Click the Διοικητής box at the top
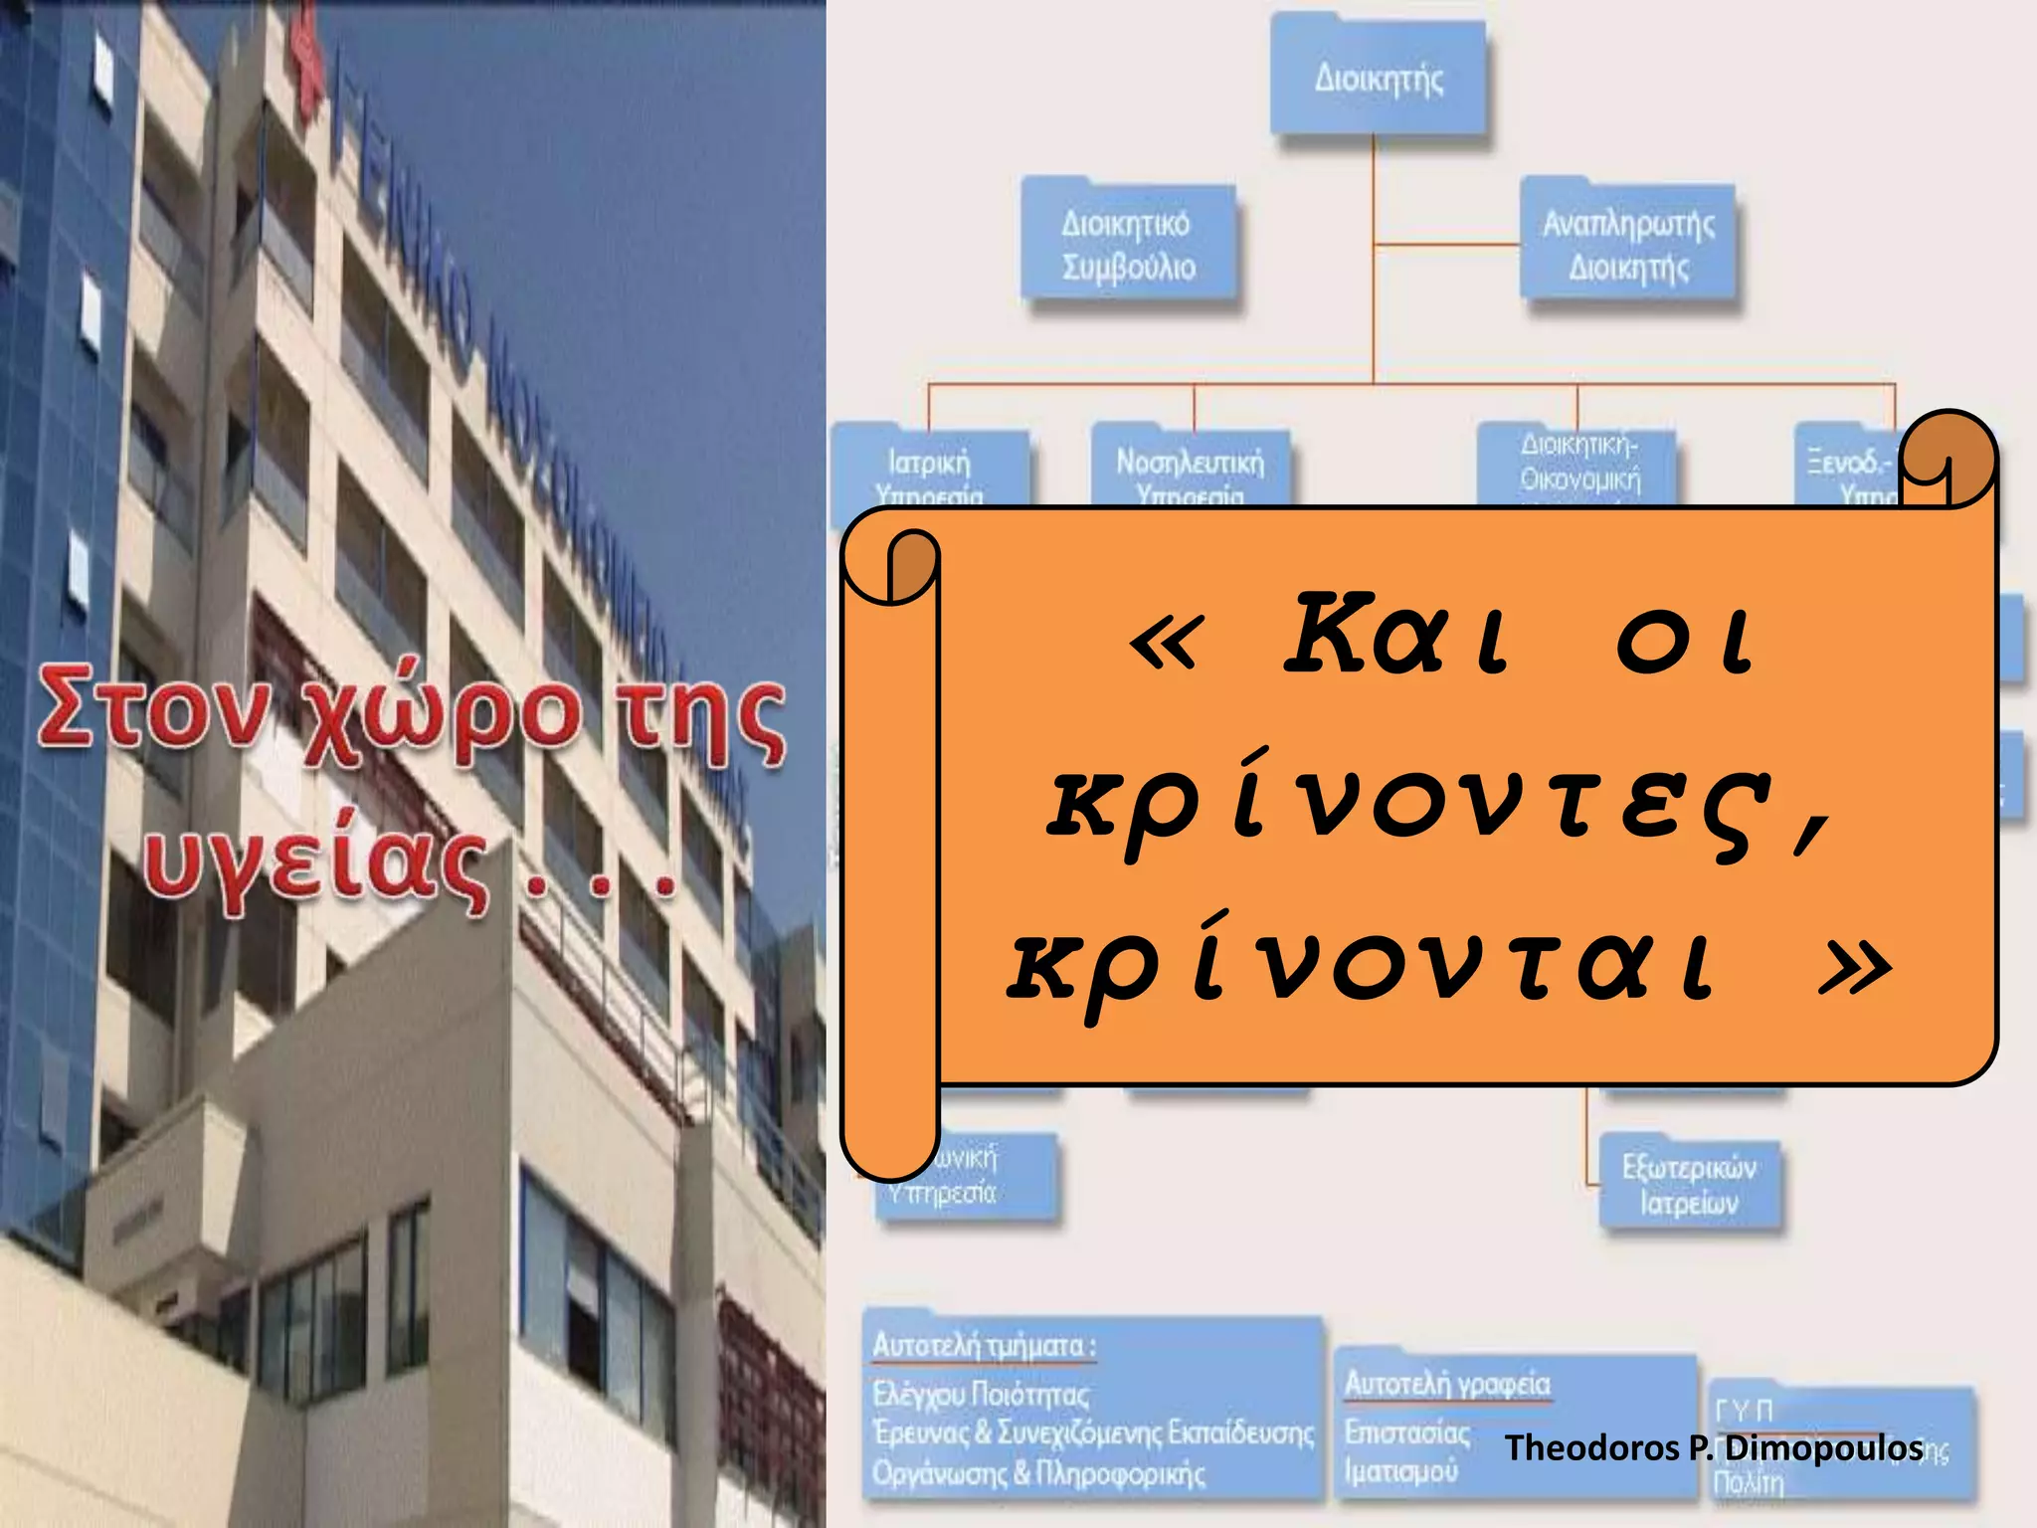point(1379,78)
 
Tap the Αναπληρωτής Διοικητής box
point(1628,245)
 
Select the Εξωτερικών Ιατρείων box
point(1689,1185)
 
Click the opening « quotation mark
point(1166,639)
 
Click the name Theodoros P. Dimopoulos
point(1713,1447)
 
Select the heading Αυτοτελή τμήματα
point(983,1346)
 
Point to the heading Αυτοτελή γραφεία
point(1447,1384)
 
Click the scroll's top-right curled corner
point(1947,458)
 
